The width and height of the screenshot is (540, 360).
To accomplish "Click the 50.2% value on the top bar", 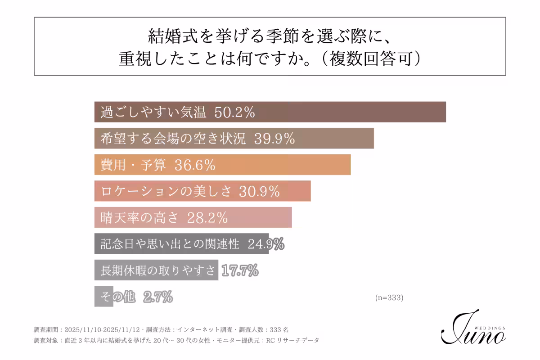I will click(x=234, y=112).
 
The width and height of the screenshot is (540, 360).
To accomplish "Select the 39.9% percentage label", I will click(x=274, y=139).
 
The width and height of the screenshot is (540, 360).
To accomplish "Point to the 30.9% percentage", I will click(x=260, y=192).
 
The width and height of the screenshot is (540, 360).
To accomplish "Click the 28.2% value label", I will click(x=207, y=218).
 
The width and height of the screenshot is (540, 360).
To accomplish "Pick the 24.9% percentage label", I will click(x=266, y=244).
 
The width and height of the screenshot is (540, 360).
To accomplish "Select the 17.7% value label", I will click(x=240, y=270).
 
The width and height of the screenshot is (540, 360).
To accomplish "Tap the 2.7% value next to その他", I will click(x=158, y=297).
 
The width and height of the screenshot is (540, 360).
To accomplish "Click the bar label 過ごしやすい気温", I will click(x=153, y=112).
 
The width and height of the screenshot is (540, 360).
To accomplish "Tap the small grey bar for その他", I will click(x=103, y=297).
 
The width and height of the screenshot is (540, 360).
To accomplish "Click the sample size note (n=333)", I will click(x=389, y=297).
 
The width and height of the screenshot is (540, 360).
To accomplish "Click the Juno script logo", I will click(x=470, y=331).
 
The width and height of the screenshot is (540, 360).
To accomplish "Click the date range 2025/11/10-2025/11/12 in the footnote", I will click(x=103, y=329).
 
